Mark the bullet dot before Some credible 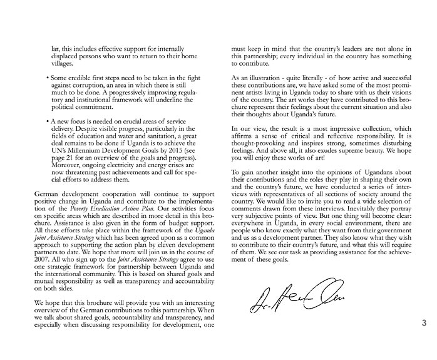48,78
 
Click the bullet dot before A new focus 48,120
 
